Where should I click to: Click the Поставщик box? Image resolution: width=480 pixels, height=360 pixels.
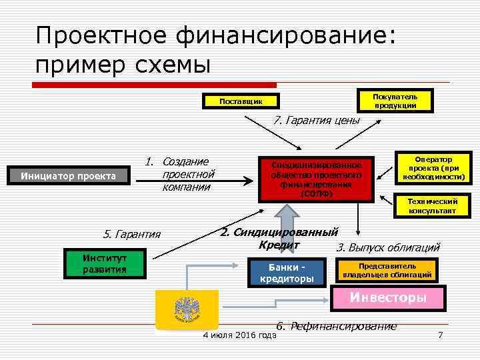coord(241,102)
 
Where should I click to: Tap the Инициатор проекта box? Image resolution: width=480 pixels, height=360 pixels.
coord(69,177)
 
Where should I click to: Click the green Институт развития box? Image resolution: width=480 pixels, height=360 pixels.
coord(104,264)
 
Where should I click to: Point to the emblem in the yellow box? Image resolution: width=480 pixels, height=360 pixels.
coord(185,309)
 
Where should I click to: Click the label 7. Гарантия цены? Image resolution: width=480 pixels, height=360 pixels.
coord(317,121)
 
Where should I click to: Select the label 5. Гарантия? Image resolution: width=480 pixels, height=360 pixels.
coord(132,234)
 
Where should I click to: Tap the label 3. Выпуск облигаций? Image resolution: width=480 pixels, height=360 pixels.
coord(388,248)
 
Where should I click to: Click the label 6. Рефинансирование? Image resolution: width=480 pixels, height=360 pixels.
coord(337,326)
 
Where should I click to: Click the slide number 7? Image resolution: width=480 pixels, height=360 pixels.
coord(440,334)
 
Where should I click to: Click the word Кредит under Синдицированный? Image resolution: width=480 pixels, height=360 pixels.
coord(275,245)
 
